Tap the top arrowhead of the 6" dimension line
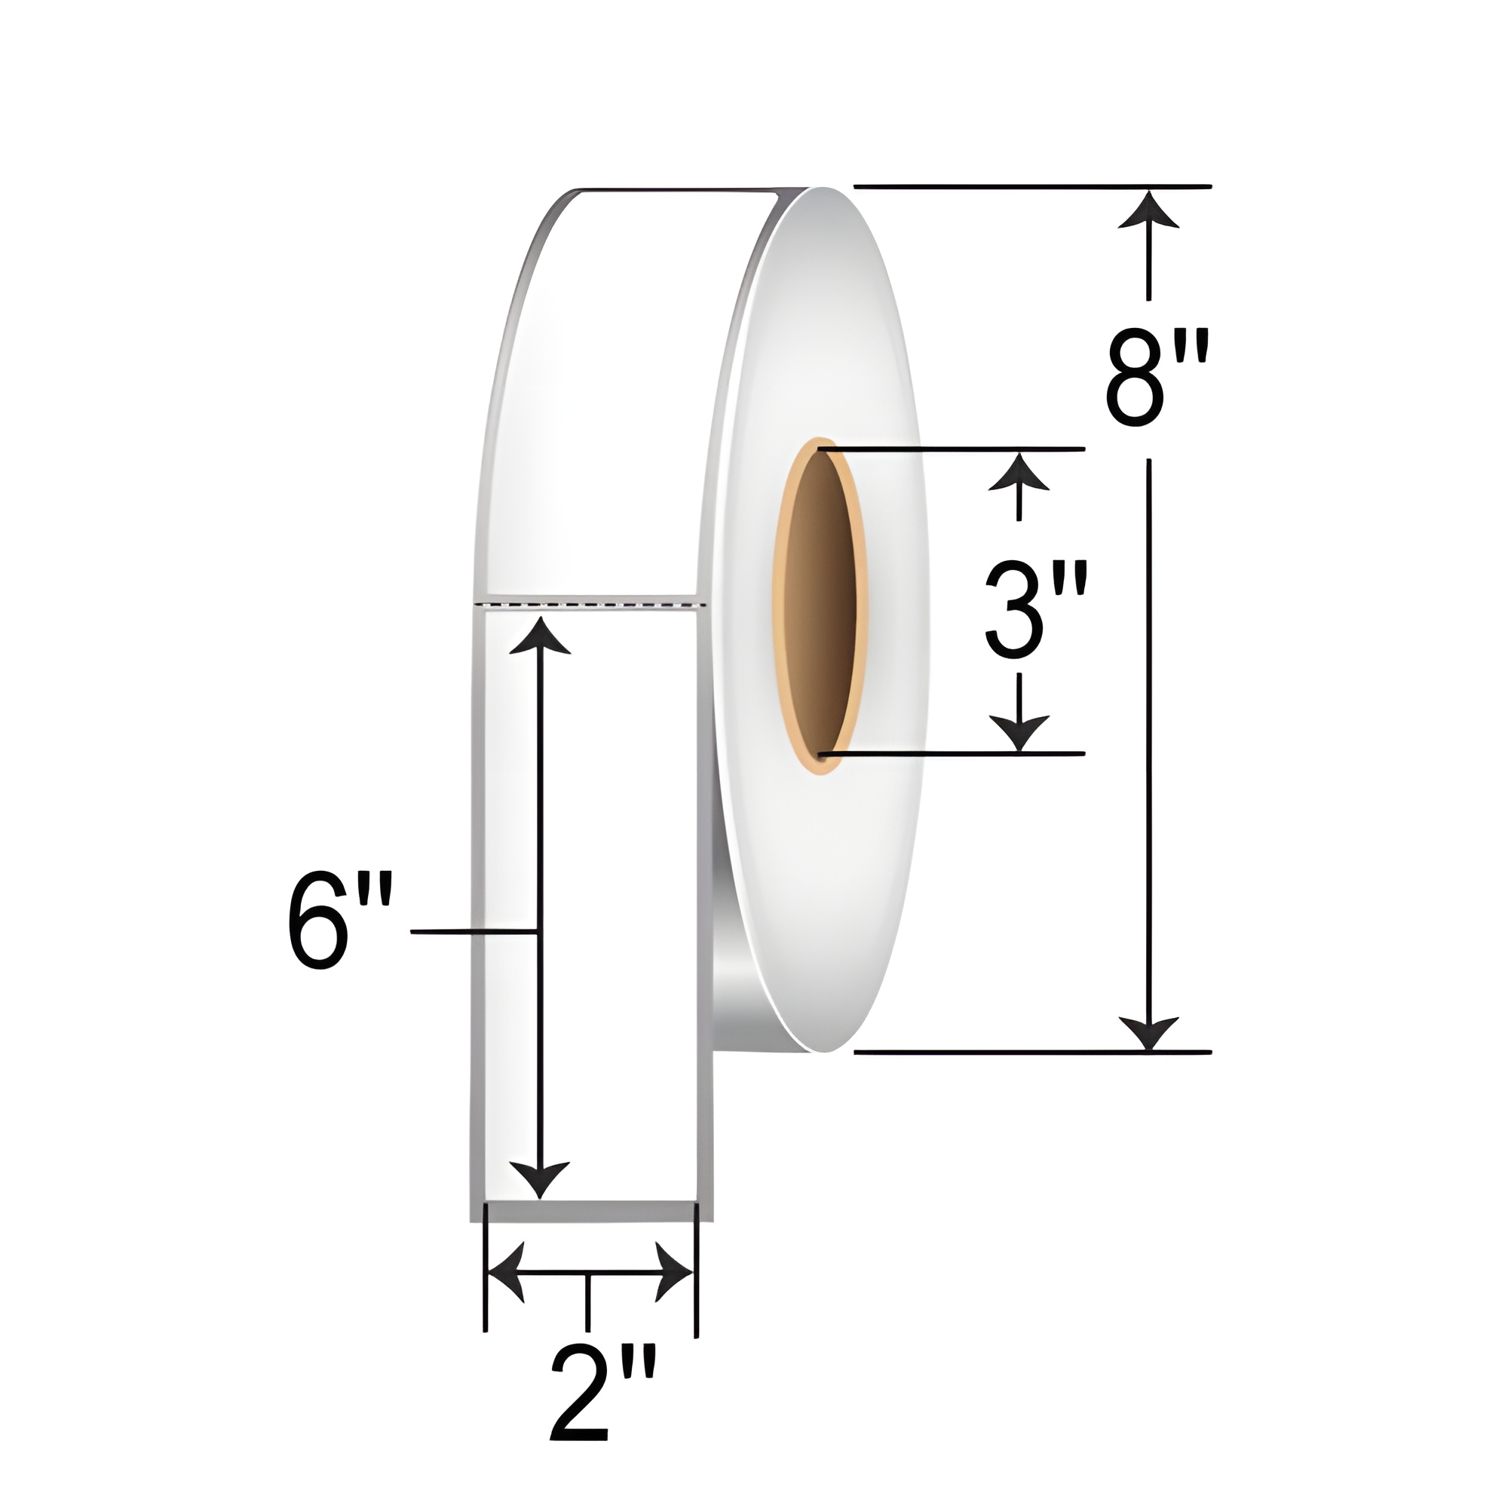538,636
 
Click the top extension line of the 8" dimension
1030,186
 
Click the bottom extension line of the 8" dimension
1030,1052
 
